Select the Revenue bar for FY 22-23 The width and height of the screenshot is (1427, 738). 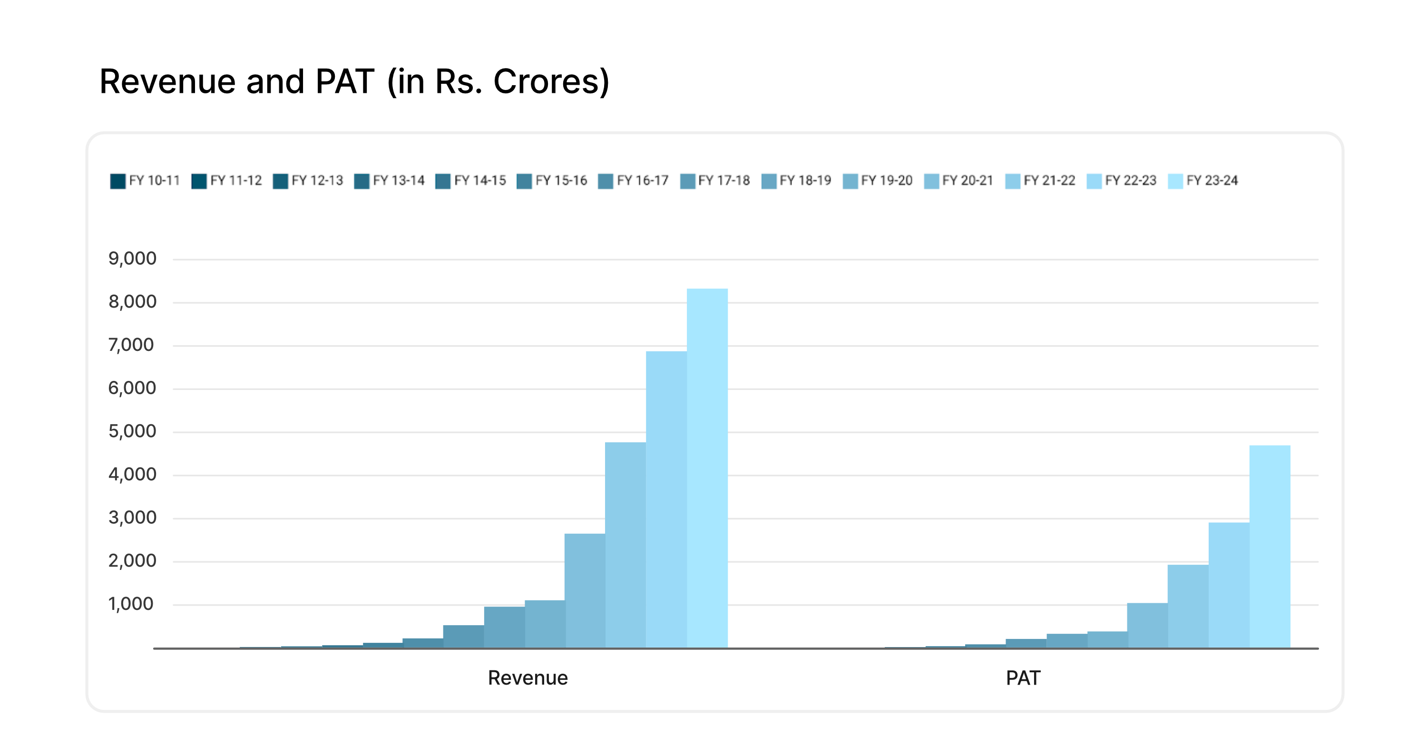coord(666,499)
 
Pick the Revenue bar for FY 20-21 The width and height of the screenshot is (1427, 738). coord(585,590)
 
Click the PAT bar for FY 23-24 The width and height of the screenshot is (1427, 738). coord(1270,546)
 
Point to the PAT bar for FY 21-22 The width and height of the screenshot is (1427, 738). coord(1188,606)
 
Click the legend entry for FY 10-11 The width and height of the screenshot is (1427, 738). coord(145,181)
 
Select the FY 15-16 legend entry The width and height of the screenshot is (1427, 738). coord(552,181)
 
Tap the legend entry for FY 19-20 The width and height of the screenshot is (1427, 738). coord(878,181)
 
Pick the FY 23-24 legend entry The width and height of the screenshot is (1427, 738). coord(1202,181)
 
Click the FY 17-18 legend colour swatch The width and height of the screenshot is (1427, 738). coord(687,181)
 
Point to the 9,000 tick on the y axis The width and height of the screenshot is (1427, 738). coord(132,259)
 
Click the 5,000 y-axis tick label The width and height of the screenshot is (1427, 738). coord(132,431)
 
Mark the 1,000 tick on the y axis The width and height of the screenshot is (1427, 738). coord(131,604)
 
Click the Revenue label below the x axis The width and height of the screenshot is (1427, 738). coord(528,678)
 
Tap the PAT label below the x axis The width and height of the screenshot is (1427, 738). coord(1023,678)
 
